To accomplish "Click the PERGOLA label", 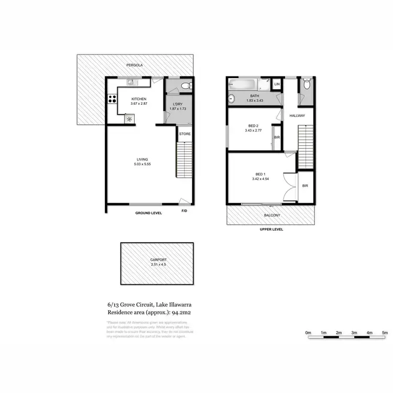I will pos(134,65).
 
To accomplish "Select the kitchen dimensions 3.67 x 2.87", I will pos(139,104).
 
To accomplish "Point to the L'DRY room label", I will pos(177,104).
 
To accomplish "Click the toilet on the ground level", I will pos(184,86).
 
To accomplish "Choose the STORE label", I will pos(184,134).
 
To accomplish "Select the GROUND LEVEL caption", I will pos(149,213).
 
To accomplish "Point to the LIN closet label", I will pos(277,84).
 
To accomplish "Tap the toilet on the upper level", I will pos(307,84).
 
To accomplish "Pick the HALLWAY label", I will pos(297,116).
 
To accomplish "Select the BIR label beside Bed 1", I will pos(304,185).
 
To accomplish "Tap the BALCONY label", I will pos(272,215).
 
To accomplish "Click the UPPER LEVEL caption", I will pos(271,230).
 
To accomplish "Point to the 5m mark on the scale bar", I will pos(385,333).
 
